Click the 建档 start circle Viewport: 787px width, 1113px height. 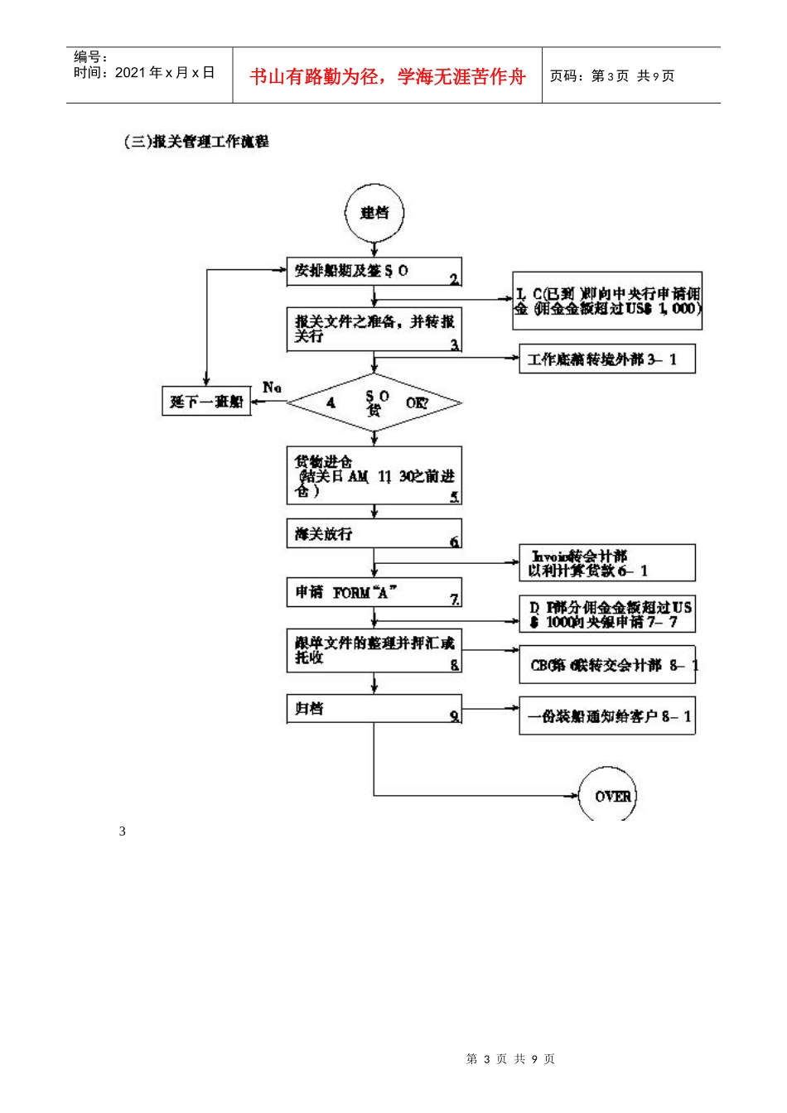point(374,214)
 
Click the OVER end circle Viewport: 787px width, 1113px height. point(607,796)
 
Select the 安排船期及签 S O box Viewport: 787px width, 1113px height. point(374,272)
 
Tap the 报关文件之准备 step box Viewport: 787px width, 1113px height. point(374,330)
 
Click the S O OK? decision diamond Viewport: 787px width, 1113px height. point(374,403)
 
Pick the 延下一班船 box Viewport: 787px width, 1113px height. point(206,402)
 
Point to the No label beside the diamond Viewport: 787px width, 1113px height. point(272,388)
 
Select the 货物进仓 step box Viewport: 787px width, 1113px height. point(374,476)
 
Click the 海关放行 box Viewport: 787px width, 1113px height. point(374,534)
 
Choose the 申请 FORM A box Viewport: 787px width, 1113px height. point(374,593)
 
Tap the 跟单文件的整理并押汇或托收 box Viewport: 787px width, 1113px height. point(374,651)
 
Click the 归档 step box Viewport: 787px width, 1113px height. point(374,710)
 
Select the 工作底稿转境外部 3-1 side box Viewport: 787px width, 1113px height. point(606,359)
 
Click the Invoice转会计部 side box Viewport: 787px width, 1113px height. point(606,563)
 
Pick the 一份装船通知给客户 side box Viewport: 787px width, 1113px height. point(606,716)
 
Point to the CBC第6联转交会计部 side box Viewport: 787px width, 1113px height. point(606,665)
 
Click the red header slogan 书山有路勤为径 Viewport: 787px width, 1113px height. point(388,77)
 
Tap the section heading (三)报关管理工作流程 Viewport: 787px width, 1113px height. point(196,142)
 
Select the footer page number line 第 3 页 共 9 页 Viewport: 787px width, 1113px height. point(510,1058)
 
